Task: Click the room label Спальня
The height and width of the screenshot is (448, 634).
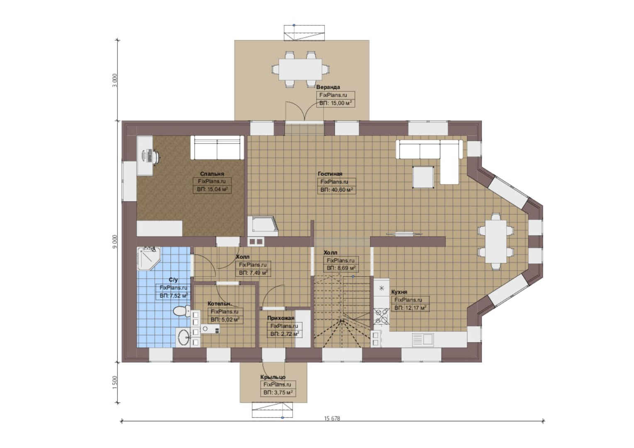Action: (x=212, y=174)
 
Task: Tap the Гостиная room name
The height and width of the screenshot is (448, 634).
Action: (x=330, y=174)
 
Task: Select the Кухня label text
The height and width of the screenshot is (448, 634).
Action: (x=399, y=292)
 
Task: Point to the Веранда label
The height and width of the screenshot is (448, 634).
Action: (x=328, y=87)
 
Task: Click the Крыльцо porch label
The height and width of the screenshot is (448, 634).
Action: (x=273, y=377)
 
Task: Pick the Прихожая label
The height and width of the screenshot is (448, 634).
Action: (x=281, y=318)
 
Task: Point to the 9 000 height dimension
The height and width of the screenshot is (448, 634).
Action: (x=115, y=241)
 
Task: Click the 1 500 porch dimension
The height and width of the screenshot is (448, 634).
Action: (x=115, y=382)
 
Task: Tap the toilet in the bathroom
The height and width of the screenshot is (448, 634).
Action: (x=181, y=311)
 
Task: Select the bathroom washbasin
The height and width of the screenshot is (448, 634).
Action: (x=183, y=336)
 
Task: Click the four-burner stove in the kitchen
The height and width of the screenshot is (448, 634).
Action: (x=381, y=316)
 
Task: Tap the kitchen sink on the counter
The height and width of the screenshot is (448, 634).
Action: (x=423, y=339)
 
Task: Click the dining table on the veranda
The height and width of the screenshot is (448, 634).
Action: (x=300, y=70)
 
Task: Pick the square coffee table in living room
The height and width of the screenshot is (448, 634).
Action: (x=423, y=177)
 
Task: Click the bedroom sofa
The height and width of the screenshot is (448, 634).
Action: (x=217, y=147)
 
